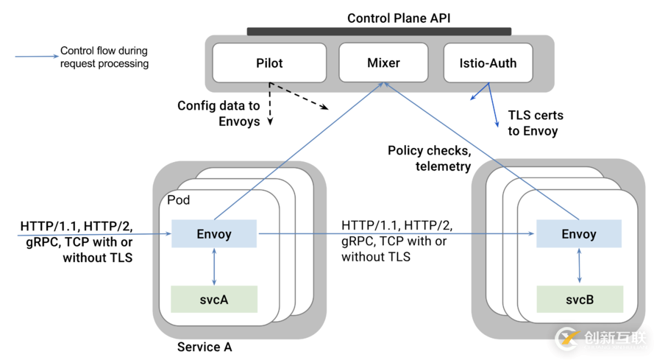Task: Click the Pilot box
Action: click(x=269, y=63)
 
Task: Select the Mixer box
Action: click(x=383, y=63)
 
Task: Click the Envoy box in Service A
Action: click(x=214, y=234)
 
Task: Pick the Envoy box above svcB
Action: click(x=579, y=234)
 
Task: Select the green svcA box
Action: click(x=214, y=300)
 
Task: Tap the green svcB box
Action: click(x=580, y=300)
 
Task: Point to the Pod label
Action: click(x=179, y=201)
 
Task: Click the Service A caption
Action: click(x=205, y=347)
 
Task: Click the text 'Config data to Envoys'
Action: click(x=218, y=113)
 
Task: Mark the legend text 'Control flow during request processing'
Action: click(x=104, y=57)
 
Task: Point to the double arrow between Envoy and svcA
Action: click(x=214, y=267)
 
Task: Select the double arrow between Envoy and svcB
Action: click(x=580, y=267)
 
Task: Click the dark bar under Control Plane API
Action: click(x=379, y=32)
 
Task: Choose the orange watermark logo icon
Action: click(x=567, y=338)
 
